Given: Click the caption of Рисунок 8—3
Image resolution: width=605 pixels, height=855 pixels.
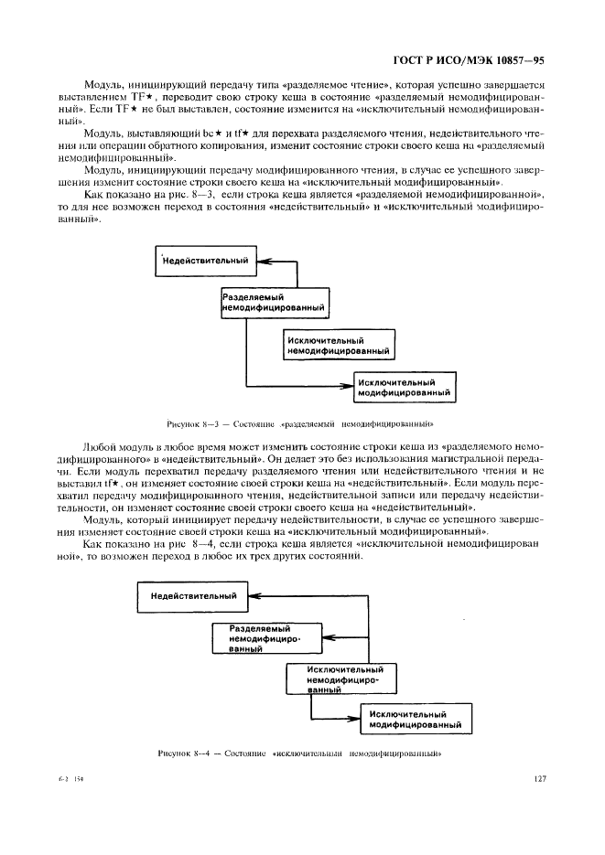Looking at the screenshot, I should tap(300, 423).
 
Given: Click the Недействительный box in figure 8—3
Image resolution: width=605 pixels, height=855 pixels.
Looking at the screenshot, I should tap(205, 261).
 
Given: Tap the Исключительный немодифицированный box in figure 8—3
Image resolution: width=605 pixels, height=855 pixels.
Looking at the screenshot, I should tap(338, 344).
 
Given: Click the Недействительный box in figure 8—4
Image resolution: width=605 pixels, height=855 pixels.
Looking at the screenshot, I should tap(193, 597).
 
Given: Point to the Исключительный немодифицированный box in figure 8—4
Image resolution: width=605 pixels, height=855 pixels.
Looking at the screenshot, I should tap(339, 679).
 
